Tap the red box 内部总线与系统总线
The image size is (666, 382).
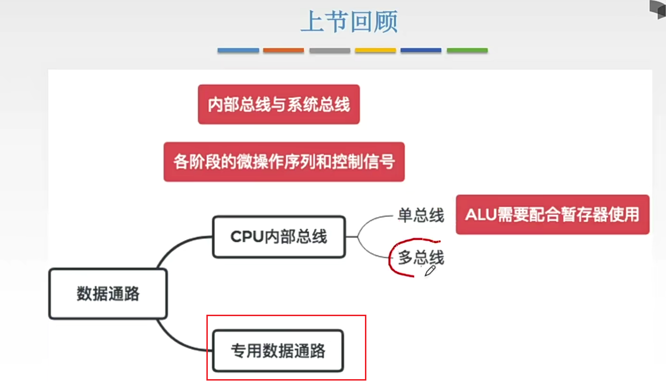point(279,104)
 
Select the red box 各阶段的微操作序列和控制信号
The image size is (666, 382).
point(284,162)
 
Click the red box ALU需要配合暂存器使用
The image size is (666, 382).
point(552,214)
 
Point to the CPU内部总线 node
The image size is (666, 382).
point(279,236)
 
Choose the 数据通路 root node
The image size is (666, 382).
point(108,294)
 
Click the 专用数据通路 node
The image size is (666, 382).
point(278,351)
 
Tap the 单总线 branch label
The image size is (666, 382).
point(421,216)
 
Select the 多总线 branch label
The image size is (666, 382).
point(421,258)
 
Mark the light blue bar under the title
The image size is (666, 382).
point(238,50)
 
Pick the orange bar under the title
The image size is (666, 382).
point(284,50)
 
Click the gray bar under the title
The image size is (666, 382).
point(330,50)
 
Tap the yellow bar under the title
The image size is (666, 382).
point(375,50)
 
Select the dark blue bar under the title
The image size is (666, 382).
point(421,50)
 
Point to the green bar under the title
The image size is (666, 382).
point(467,50)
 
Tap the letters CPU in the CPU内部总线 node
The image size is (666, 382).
point(246,236)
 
